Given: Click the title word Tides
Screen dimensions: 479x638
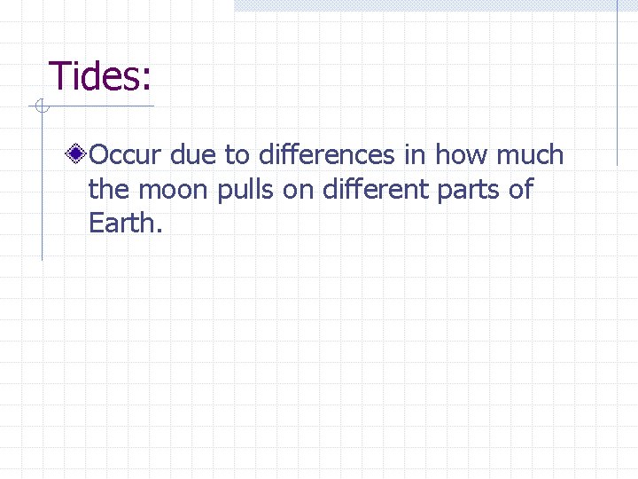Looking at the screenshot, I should coord(93,76).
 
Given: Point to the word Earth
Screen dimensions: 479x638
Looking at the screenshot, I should coord(121,223).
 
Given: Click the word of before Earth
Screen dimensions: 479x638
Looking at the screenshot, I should coord(521,189).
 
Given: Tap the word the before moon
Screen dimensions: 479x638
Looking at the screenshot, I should coord(108,189).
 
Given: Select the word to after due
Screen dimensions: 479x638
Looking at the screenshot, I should coord(237,156).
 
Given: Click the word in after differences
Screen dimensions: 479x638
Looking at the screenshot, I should coord(415,155).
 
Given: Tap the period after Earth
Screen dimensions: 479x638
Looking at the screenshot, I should coord(159,232).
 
